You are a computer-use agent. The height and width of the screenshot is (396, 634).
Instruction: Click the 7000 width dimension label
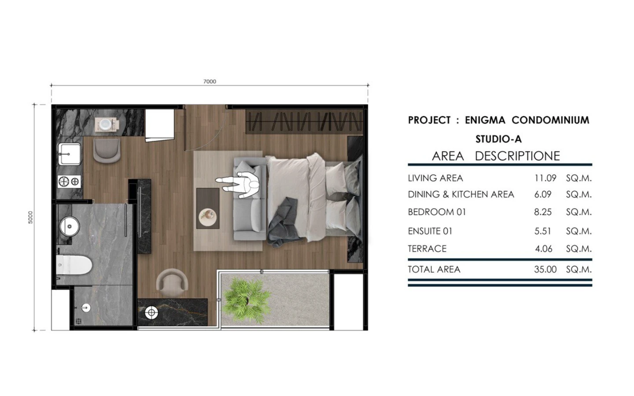click(x=210, y=81)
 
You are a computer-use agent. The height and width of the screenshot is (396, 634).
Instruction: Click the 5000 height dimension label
click(x=30, y=217)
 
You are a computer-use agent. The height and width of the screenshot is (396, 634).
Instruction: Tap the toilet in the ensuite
click(x=74, y=265)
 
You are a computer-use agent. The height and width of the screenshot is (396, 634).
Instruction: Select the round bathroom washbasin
click(x=70, y=226)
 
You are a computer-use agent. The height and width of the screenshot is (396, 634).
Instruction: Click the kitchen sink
click(x=70, y=154)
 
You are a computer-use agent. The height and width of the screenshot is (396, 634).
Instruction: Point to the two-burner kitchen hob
click(x=69, y=181)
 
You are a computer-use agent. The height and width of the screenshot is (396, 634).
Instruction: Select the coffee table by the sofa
click(x=208, y=209)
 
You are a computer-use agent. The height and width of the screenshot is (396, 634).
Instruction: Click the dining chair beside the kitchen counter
click(x=107, y=150)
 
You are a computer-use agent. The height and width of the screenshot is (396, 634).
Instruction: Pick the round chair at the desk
click(x=172, y=282)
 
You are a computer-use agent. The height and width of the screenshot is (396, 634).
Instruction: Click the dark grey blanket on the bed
click(x=283, y=223)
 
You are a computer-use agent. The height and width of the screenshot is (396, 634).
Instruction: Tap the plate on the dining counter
click(x=107, y=124)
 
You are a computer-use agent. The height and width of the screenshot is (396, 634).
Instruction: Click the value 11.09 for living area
click(x=545, y=178)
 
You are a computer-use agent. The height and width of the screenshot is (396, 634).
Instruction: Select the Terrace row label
click(x=427, y=249)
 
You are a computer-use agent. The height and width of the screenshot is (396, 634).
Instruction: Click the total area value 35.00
click(x=546, y=270)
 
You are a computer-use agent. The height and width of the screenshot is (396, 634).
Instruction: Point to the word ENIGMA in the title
click(x=485, y=120)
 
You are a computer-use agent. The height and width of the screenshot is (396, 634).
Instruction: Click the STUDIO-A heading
click(x=498, y=139)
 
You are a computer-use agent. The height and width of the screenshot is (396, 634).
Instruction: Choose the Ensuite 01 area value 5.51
click(x=542, y=231)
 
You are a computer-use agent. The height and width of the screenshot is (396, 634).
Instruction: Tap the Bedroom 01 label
click(x=437, y=212)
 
